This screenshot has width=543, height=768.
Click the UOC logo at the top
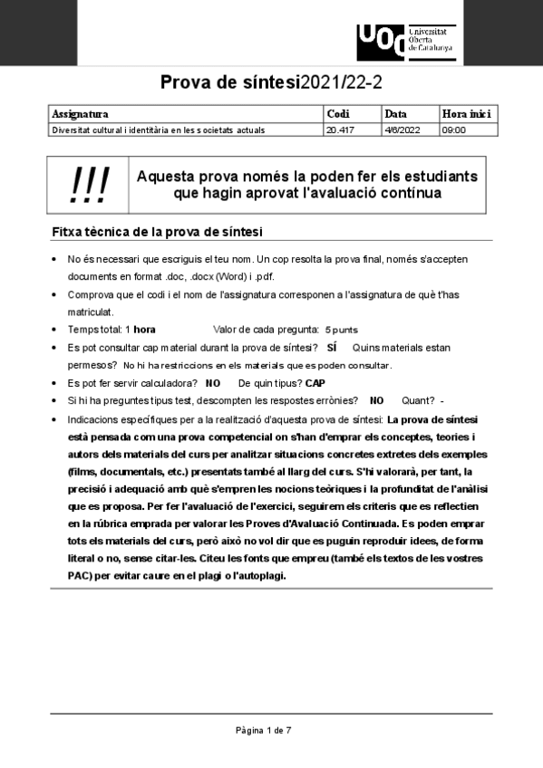pos(405,39)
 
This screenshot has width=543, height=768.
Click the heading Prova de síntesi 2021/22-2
pos(271,83)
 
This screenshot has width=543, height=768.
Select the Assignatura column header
pos(81,114)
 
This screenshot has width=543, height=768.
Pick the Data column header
pos(395,114)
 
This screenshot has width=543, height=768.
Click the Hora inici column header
pos(466,114)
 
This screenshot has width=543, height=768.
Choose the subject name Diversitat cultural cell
pos(159,130)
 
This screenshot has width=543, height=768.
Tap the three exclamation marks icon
pos(89,185)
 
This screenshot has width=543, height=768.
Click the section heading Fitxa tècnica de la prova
pos(158,232)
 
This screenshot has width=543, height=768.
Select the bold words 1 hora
pos(141,330)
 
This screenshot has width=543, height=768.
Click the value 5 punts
pos(341,330)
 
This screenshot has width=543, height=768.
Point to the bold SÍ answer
pos(332,348)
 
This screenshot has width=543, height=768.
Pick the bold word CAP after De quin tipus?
pos(315,383)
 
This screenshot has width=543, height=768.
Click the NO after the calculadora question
pos(213,383)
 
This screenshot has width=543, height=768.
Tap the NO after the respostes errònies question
pos(377,400)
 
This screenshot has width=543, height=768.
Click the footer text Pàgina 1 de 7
pos(263,729)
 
